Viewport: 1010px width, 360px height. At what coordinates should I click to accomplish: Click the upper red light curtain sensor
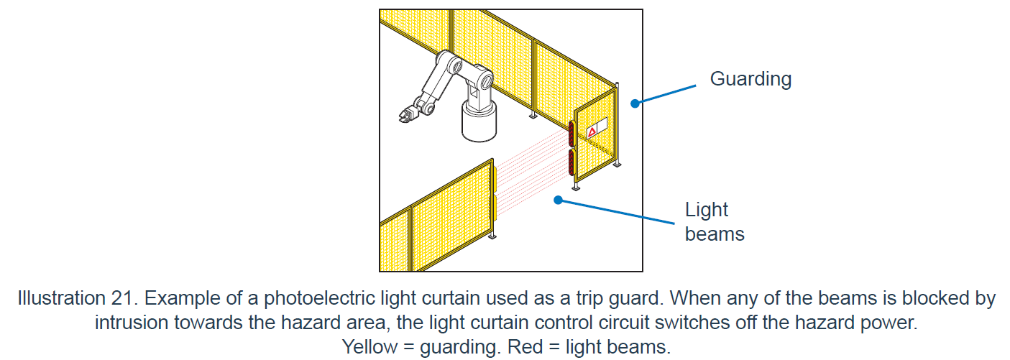point(571,133)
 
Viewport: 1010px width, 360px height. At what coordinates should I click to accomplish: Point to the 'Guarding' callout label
point(750,79)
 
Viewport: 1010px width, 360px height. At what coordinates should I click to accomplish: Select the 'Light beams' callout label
point(714,221)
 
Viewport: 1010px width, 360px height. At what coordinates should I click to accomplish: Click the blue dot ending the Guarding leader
point(635,103)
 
